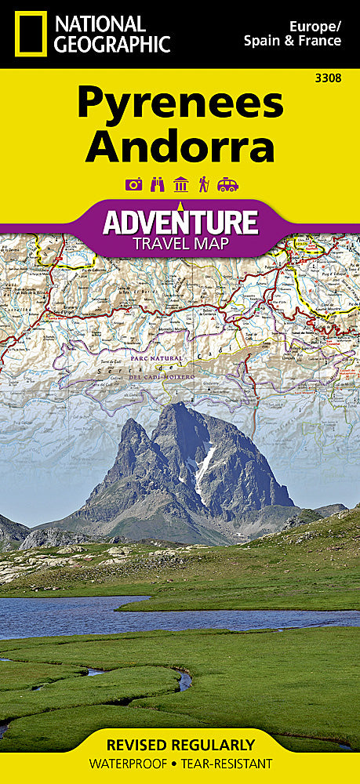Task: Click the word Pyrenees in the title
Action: (x=180, y=103)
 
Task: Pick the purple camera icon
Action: (x=133, y=185)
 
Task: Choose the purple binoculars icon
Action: (x=156, y=185)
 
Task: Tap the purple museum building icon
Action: (x=180, y=185)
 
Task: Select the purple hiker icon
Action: (x=204, y=185)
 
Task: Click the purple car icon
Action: (x=227, y=185)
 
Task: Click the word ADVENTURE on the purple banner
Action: (x=180, y=221)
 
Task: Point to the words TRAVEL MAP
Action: (x=180, y=243)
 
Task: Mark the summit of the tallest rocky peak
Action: (x=182, y=405)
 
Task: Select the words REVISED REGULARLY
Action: (x=180, y=745)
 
